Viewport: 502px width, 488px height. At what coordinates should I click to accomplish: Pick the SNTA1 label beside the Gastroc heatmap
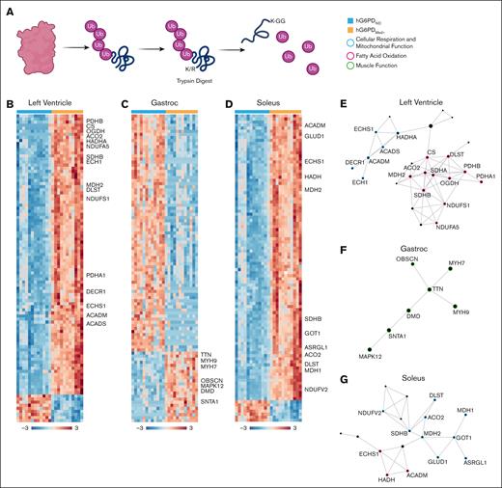coord(209,402)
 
